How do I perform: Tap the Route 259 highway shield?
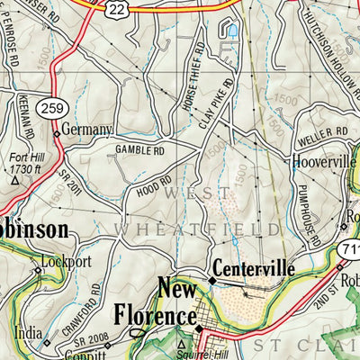[x=52, y=107]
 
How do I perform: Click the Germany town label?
[x=88, y=130]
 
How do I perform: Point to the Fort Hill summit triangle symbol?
[x=14, y=180]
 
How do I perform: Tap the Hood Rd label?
[x=154, y=192]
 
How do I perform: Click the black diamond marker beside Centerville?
[x=211, y=280]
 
